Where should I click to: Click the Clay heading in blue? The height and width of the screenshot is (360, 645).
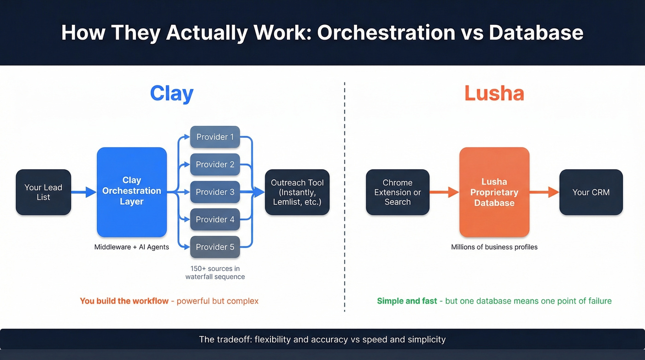point(172,94)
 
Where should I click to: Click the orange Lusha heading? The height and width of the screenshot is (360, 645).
point(494,94)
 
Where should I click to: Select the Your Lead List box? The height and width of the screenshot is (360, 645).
point(43,192)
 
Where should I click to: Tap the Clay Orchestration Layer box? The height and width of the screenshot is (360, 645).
point(132,191)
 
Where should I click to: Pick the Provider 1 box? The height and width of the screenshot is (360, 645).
point(215,137)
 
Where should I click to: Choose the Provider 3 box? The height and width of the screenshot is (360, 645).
point(215,192)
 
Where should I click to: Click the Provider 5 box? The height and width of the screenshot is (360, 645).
point(215,247)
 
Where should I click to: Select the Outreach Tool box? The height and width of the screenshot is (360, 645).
point(297,192)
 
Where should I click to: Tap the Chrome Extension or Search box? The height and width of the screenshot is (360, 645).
point(398,192)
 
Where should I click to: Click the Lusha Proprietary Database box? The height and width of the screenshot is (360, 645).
point(494,192)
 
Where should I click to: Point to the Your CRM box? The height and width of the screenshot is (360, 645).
point(591,192)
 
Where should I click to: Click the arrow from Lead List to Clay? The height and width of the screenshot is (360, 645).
point(84,192)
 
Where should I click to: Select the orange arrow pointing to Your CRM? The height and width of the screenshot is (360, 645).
point(544,192)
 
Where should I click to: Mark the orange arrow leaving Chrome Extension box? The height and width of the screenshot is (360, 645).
point(444,192)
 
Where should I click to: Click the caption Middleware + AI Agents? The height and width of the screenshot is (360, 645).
point(132,247)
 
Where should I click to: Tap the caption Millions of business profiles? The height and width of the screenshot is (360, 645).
point(494,247)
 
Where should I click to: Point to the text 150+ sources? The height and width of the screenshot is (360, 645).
point(215,269)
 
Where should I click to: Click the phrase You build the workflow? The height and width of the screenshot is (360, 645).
point(124,301)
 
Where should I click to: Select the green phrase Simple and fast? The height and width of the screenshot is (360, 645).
point(407,301)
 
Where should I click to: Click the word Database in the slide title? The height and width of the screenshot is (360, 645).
point(536,33)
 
